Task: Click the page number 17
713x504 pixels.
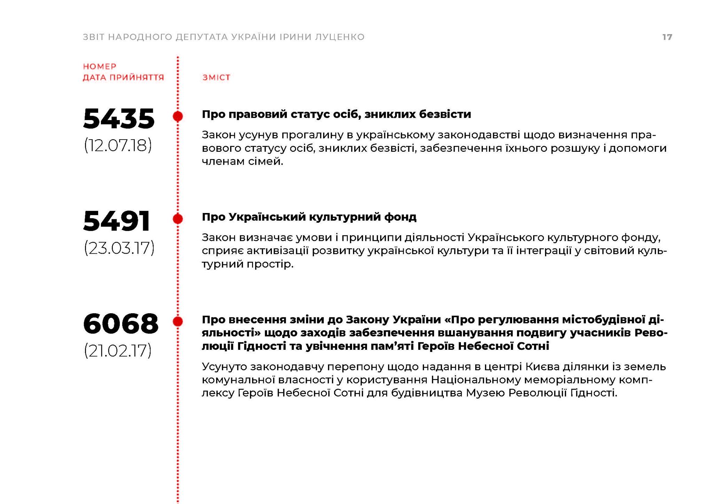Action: click(667, 37)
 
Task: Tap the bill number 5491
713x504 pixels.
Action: click(117, 221)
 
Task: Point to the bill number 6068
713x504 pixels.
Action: click(121, 324)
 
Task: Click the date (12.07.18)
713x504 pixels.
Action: click(118, 145)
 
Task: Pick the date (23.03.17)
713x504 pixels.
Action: click(119, 248)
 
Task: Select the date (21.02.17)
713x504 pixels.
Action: click(118, 351)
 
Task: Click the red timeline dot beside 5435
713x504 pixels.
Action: click(178, 116)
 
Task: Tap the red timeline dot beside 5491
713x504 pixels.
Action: click(178, 219)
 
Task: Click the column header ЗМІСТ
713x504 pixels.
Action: click(216, 78)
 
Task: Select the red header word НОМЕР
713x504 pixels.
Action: click(100, 66)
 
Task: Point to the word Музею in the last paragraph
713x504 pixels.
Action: click(485, 393)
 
